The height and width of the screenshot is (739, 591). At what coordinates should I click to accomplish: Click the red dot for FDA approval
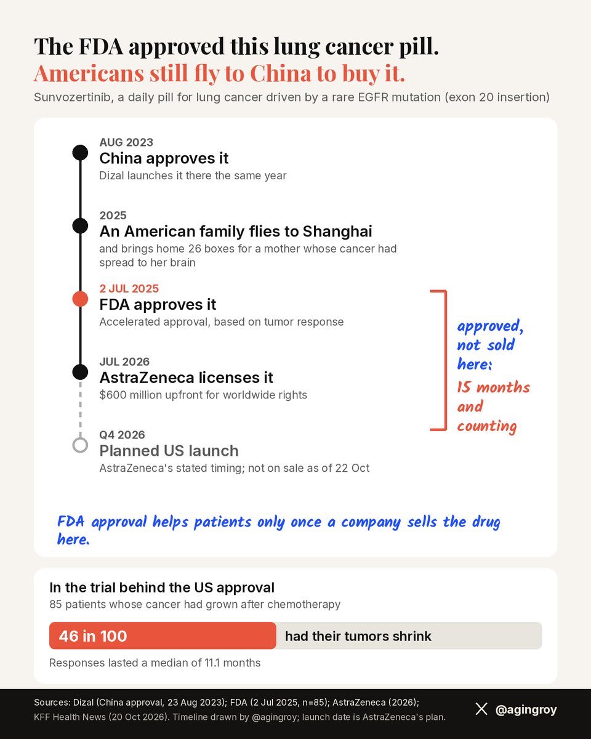coord(80,299)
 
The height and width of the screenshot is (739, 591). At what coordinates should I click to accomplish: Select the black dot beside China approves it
coord(80,153)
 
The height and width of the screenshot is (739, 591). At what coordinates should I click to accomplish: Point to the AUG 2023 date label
coord(126,142)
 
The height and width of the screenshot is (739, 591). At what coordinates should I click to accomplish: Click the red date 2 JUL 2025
coord(129,288)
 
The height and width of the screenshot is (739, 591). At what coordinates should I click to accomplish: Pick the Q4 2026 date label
coord(122,435)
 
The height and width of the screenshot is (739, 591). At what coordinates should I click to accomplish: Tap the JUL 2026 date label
coord(124,361)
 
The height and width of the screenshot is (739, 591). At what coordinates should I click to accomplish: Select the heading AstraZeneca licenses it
coord(186,378)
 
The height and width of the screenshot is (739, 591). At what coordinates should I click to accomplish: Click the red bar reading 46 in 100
coord(163,636)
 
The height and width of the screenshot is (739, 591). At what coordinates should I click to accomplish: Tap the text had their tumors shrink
coord(358,636)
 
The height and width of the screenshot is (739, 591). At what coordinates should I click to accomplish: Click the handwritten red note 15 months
coord(494,387)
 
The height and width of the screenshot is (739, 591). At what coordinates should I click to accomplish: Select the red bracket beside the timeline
coord(446,360)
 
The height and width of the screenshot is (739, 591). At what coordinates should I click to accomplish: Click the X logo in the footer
coord(481,709)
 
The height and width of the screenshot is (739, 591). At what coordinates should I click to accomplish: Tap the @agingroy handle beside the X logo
coord(526,709)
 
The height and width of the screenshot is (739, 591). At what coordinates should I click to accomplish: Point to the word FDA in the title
coord(101,46)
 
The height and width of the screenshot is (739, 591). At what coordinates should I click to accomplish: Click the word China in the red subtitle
coord(281,73)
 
